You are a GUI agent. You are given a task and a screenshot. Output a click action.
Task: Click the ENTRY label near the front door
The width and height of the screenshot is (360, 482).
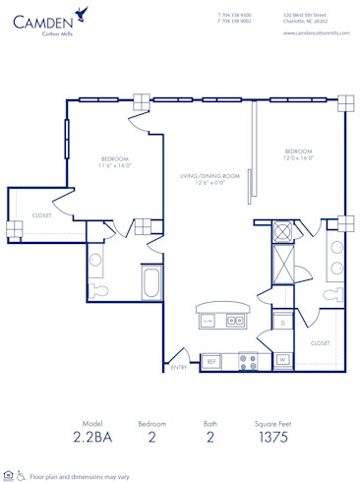(x=179, y=367)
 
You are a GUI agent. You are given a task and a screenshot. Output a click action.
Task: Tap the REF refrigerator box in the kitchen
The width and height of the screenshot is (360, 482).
(x=210, y=362)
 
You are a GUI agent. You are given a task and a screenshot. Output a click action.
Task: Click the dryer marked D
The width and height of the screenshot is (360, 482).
(x=282, y=323)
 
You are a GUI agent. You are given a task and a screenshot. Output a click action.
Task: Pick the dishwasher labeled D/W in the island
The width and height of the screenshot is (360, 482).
(x=208, y=320)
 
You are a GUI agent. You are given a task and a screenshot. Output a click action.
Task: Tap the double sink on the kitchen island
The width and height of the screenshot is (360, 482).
(x=236, y=320)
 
